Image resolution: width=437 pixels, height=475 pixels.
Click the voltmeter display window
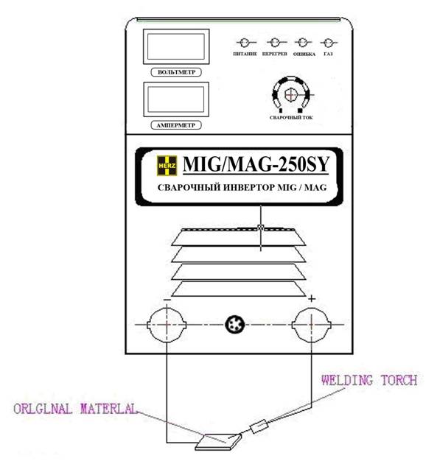point(176,46)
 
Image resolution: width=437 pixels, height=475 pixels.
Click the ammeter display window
point(176,99)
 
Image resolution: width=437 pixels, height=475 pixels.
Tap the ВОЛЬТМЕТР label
point(176,72)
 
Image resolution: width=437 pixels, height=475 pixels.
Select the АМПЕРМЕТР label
point(176,125)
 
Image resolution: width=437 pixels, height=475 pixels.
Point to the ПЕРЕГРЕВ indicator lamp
point(275,43)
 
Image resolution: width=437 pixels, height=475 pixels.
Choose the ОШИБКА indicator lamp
point(302,43)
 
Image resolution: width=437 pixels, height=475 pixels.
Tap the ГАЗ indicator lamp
point(328,43)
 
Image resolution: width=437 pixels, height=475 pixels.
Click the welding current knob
point(290,94)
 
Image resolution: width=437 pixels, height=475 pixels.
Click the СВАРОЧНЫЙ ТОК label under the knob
point(291,118)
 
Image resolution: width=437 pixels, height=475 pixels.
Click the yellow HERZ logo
point(167,166)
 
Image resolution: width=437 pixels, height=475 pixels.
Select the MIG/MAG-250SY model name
point(256,164)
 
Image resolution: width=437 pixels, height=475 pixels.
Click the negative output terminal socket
point(167,325)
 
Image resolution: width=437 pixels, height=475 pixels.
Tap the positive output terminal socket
point(311,325)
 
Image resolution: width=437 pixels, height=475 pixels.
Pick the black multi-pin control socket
point(235,325)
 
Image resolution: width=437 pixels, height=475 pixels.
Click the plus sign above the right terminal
point(312,299)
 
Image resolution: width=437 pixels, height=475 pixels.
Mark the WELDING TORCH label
point(369,380)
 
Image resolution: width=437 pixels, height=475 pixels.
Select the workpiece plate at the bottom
point(219,441)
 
